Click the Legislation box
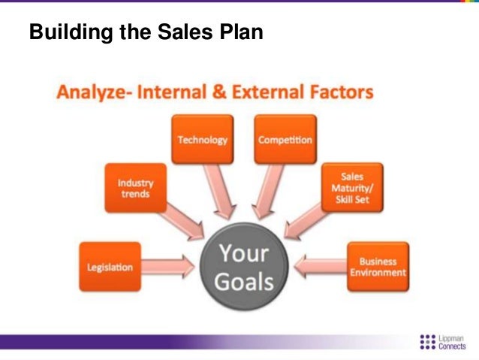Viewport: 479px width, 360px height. pos(110,267)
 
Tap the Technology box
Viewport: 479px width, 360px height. pos(202,140)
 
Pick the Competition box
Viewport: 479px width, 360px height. pos(285,140)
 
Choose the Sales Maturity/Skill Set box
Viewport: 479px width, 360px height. pos(351,187)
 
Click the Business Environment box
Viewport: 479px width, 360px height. pos(378,267)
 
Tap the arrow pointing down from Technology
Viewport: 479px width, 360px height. pos(218,189)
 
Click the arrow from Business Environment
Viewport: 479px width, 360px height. pos(321,266)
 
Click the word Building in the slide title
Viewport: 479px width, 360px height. pos(65,34)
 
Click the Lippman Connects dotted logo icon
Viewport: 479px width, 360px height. pos(427,340)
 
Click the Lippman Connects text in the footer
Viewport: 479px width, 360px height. pos(454,340)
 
